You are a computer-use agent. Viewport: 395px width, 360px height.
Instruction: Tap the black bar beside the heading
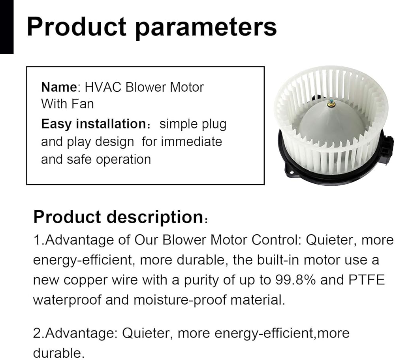click(x=7, y=27)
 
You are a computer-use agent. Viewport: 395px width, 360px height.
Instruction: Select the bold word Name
click(x=59, y=87)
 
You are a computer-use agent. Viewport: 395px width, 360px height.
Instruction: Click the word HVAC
click(x=103, y=87)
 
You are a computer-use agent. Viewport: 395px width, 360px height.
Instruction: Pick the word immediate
click(x=192, y=141)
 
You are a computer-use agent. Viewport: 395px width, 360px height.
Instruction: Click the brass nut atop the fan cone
click(x=331, y=104)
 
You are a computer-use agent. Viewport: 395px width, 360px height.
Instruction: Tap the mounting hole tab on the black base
click(x=290, y=172)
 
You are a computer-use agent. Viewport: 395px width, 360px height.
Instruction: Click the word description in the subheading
click(x=155, y=217)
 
